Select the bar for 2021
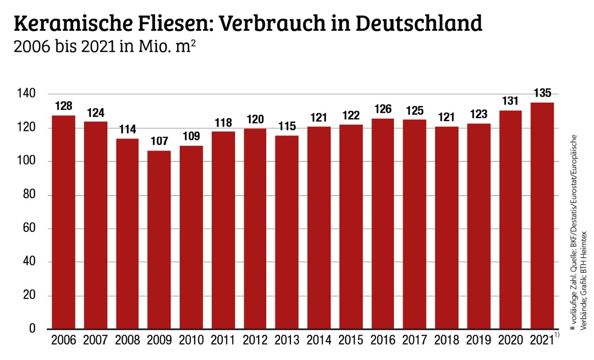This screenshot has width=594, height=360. tap(542, 215)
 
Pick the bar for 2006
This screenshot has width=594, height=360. tap(63, 222)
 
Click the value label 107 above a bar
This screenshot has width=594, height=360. tap(159, 141)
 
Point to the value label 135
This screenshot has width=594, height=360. tap(542, 93)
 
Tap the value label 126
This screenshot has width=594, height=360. tap(382, 109)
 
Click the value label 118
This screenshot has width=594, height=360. tap(223, 122)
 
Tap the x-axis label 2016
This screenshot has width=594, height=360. tap(382, 341)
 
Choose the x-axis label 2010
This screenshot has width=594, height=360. tap(191, 341)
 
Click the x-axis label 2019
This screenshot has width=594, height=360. tap(479, 341)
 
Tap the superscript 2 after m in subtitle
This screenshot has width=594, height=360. tap(194, 42)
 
